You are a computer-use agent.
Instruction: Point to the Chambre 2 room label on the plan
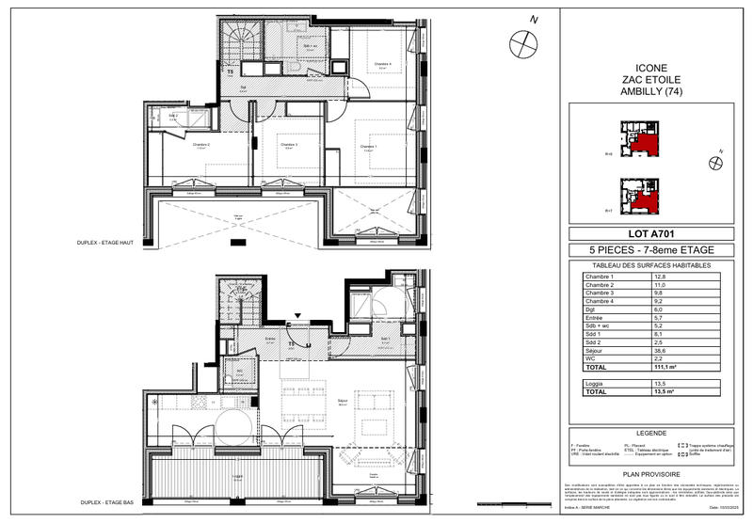tap(201, 145)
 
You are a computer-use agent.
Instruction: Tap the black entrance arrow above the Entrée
tap(299, 317)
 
